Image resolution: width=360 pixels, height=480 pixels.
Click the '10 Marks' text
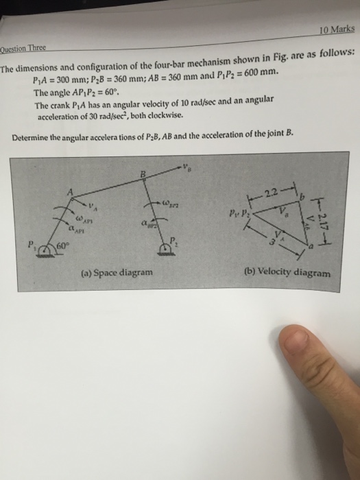337,30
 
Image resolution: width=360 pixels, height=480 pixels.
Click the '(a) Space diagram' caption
115,272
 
